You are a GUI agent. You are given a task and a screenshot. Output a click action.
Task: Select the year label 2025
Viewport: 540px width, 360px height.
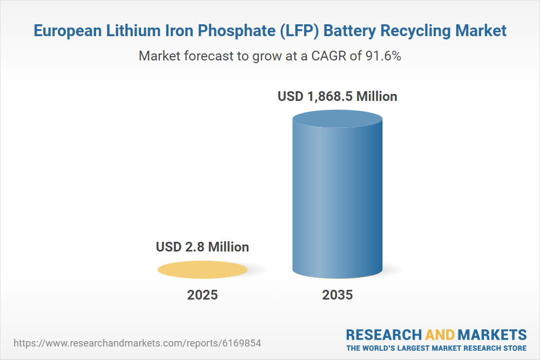(x=202, y=295)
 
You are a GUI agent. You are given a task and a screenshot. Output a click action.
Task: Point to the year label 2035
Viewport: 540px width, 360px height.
(x=337, y=295)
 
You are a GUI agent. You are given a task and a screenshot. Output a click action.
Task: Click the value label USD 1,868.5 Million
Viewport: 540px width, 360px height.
(x=337, y=97)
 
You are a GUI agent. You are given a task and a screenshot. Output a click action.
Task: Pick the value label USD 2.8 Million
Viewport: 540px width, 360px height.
(x=202, y=247)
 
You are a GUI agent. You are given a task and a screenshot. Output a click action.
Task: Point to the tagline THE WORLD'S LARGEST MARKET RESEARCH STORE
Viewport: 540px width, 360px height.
(x=436, y=348)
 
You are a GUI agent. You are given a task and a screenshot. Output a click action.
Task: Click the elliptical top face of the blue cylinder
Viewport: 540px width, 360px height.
(x=337, y=119)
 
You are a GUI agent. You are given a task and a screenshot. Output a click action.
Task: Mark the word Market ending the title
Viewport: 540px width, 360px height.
(x=481, y=31)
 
